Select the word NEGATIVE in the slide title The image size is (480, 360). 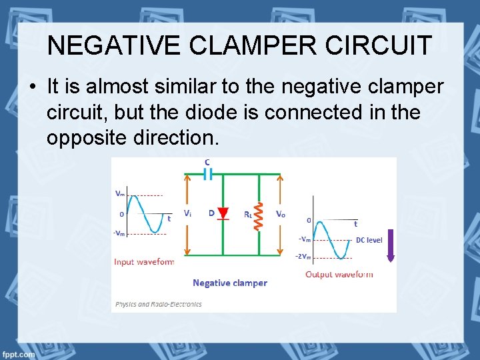pyautogui.click(x=113, y=45)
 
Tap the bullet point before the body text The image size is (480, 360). pyautogui.click(x=33, y=88)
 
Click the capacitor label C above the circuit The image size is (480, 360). pyautogui.click(x=207, y=162)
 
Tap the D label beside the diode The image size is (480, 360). pyautogui.click(x=211, y=213)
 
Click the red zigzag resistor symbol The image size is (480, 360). pyautogui.click(x=259, y=215)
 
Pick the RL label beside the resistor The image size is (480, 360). pyautogui.click(x=247, y=215)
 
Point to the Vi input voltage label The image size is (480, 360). pyautogui.click(x=188, y=213)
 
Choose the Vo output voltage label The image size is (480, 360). pyautogui.click(x=281, y=214)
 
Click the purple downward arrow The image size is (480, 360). pyautogui.click(x=391, y=245)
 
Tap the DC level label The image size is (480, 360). pyautogui.click(x=369, y=240)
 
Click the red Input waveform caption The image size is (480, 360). pyautogui.click(x=143, y=262)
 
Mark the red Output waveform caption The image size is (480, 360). pyautogui.click(x=339, y=274)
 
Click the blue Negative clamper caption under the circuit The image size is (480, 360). pyautogui.click(x=230, y=283)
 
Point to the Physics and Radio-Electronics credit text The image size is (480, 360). pyautogui.click(x=159, y=304)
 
